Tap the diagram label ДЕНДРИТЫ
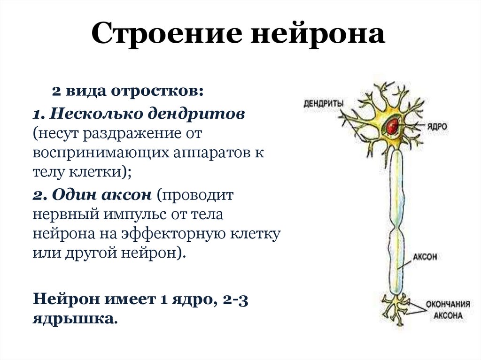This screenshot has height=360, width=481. pos(323,103)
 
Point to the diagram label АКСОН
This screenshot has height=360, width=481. pos(425,257)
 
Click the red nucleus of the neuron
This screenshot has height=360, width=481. pos(392,125)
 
